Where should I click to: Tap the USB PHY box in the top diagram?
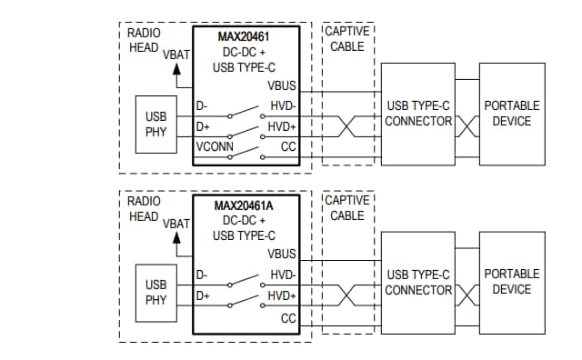click(156, 124)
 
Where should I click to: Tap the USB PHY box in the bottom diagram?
click(156, 292)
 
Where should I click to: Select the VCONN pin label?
click(216, 145)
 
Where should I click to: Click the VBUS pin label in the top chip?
click(282, 85)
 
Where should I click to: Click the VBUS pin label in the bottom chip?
click(282, 254)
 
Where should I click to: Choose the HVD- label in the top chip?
click(282, 106)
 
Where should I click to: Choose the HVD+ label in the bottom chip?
click(282, 295)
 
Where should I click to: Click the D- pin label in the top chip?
click(203, 106)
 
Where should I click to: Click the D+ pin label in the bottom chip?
click(203, 295)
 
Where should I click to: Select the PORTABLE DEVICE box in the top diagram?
click(511, 114)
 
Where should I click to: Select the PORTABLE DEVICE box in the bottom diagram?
click(511, 282)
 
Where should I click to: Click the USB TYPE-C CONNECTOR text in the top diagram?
click(418, 114)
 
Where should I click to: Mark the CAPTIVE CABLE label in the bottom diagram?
click(347, 207)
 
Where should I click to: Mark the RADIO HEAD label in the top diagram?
click(144, 40)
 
